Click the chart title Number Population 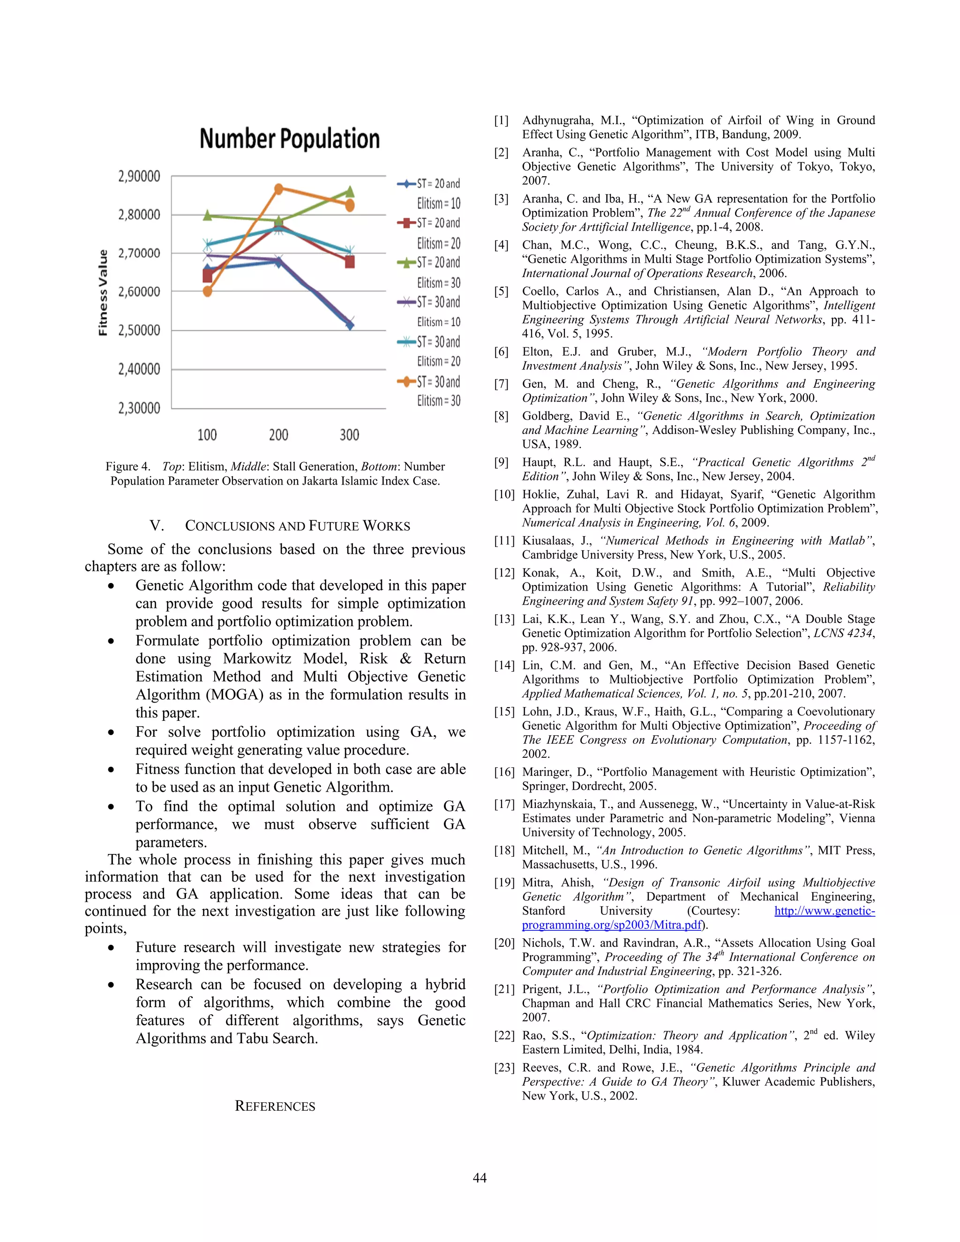tap(290, 139)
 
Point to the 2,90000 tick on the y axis tap(139, 176)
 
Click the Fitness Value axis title tap(103, 292)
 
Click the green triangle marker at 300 tap(350, 192)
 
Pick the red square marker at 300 tap(350, 262)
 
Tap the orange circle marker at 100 tap(208, 291)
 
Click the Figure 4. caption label tap(127, 466)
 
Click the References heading tap(275, 1106)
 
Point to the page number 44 tap(480, 1178)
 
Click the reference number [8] tap(501, 416)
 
